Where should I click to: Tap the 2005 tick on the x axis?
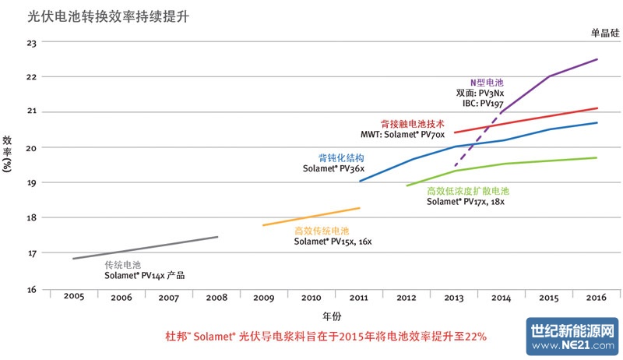point(74,297)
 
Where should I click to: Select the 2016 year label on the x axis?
point(597,297)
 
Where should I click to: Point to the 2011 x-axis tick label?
point(359,297)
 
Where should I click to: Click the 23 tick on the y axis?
point(32,41)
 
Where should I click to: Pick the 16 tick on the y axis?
point(32,289)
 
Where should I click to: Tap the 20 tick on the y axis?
point(32,147)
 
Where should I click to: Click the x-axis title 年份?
point(332,316)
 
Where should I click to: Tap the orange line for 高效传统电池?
point(311,217)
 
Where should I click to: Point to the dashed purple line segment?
point(477,139)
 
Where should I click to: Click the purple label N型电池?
point(487,82)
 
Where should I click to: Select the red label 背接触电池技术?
point(412,123)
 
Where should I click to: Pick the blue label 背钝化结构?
point(341,157)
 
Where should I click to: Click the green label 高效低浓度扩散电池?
point(467,191)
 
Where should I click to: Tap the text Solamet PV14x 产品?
point(145,276)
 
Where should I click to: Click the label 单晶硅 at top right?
point(604,32)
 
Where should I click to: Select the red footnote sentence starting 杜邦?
point(326,337)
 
